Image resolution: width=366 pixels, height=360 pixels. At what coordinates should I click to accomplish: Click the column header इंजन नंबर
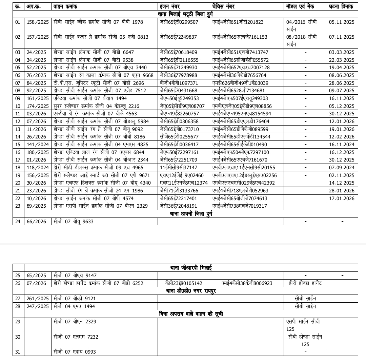(170, 6)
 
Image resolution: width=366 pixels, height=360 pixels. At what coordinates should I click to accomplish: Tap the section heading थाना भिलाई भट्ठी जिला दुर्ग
(185, 14)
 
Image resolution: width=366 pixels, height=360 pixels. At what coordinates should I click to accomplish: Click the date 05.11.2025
(342, 22)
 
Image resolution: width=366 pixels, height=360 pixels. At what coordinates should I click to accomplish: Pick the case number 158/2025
(38, 22)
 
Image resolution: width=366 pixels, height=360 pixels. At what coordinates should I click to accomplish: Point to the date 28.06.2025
(342, 83)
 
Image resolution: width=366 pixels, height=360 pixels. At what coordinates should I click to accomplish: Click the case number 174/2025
(38, 106)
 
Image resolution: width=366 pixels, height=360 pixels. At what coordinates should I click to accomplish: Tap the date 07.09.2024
(342, 168)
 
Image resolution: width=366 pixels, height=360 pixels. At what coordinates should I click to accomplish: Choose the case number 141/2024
(38, 145)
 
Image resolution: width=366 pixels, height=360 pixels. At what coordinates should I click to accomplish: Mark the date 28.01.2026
(342, 191)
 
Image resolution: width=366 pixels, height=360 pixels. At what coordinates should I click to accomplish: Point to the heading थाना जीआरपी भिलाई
(191, 268)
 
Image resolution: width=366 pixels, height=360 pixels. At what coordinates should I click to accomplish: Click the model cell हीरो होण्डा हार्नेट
(305, 283)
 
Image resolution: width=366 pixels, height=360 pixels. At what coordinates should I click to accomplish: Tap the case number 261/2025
(38, 299)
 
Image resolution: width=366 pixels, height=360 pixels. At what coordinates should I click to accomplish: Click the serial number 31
(18, 352)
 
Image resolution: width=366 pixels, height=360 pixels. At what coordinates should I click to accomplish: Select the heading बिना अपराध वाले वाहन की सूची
(191, 314)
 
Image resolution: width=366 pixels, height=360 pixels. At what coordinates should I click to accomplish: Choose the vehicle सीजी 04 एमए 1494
(74, 306)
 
